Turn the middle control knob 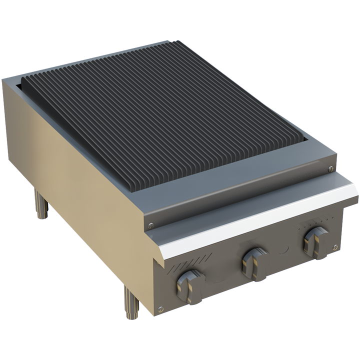(x=251, y=262)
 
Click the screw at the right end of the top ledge (x=330, y=169)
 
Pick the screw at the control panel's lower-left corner (x=159, y=309)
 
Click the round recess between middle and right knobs (x=283, y=250)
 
